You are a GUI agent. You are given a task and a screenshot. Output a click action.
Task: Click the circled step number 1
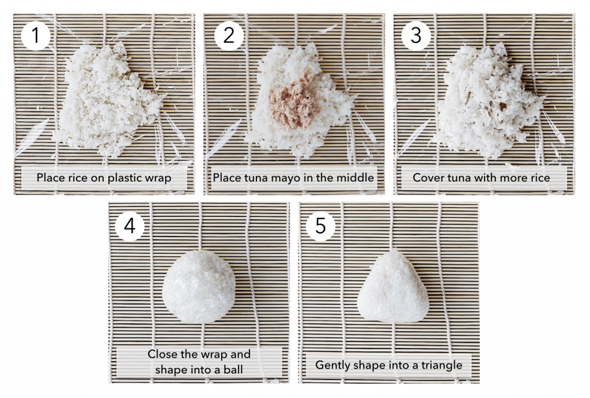[x=36, y=35]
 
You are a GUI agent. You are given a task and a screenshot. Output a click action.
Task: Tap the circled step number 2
[x=229, y=35]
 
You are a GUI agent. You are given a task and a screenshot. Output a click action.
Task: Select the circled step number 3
[x=416, y=35]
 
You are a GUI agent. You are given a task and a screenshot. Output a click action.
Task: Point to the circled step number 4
[x=130, y=226]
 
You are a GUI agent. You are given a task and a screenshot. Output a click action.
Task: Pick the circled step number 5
[x=320, y=226]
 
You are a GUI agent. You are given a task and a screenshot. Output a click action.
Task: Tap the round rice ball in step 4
[x=199, y=286]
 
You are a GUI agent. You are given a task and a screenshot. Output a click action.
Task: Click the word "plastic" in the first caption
[x=122, y=178]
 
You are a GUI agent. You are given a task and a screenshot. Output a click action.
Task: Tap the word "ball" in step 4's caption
[x=233, y=369]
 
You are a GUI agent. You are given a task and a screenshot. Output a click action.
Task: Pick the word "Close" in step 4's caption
[x=161, y=354]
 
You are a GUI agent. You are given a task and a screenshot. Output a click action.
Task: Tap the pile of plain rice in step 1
[x=109, y=100]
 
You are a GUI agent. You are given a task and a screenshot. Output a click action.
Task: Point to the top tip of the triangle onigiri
[x=394, y=249]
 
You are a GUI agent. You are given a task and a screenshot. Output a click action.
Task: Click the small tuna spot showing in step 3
[x=502, y=106]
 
